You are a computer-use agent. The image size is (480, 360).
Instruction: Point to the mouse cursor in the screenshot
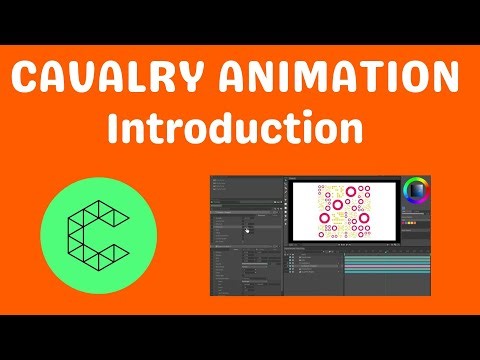[x=246, y=227]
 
